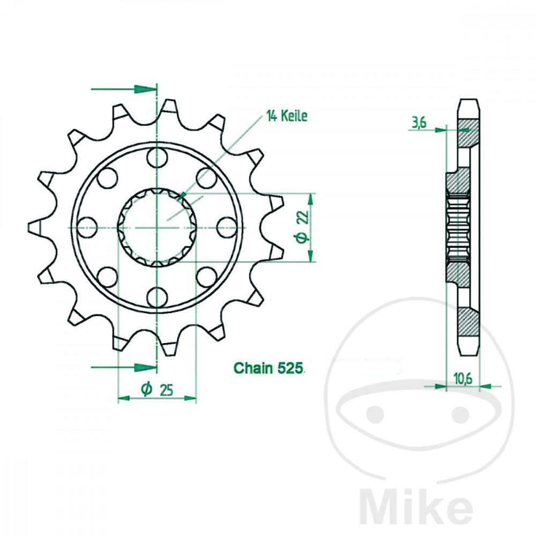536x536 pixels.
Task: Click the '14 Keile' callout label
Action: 287,116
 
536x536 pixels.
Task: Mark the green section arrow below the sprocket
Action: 143,367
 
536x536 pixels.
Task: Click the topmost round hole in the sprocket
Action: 157,159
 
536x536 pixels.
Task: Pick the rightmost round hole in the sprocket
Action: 227,227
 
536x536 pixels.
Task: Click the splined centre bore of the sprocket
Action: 157,227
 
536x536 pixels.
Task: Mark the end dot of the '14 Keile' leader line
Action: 184,194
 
